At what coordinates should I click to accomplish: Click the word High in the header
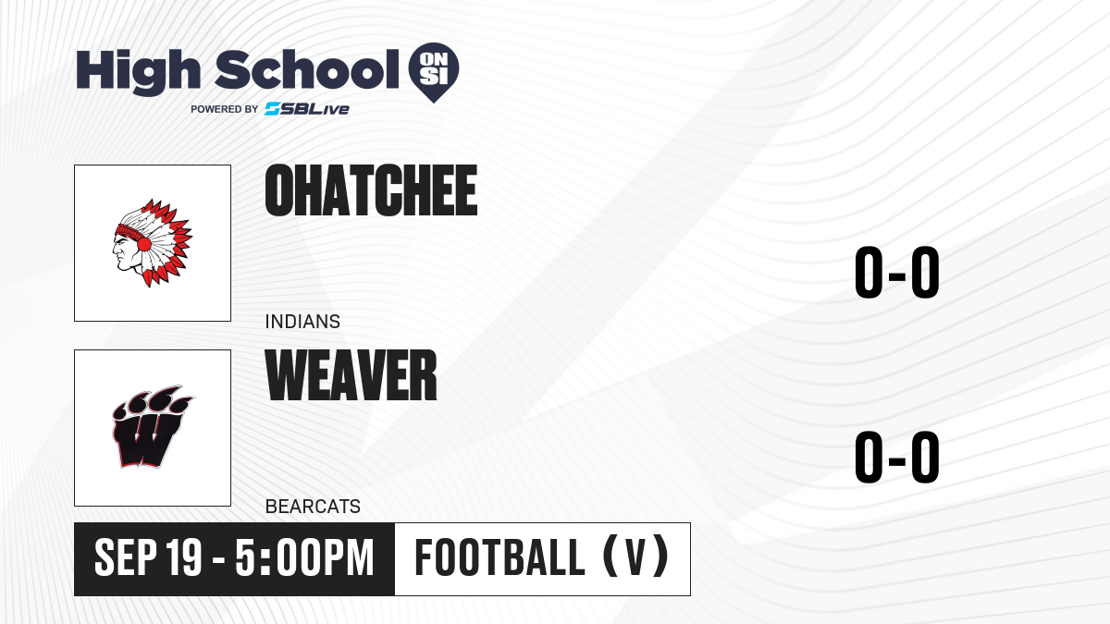[x=138, y=71]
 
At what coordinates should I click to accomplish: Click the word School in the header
[x=307, y=69]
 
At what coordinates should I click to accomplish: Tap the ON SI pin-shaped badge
[x=434, y=72]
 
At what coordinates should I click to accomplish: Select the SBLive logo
[x=307, y=109]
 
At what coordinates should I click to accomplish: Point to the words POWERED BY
[x=225, y=109]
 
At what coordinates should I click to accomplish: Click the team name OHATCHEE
[x=371, y=190]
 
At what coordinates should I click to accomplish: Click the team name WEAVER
[x=351, y=374]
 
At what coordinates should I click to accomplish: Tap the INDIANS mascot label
[x=302, y=322]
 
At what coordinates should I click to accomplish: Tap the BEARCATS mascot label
[x=313, y=507]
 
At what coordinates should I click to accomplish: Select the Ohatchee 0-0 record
[x=897, y=272]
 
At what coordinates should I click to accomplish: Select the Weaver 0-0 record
[x=897, y=457]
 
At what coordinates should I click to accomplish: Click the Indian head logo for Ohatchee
[x=152, y=242]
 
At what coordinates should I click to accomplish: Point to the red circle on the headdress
[x=144, y=244]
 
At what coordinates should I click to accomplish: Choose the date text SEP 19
[x=148, y=557]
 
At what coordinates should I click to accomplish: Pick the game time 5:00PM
[x=304, y=557]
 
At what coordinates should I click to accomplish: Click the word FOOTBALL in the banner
[x=499, y=557]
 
